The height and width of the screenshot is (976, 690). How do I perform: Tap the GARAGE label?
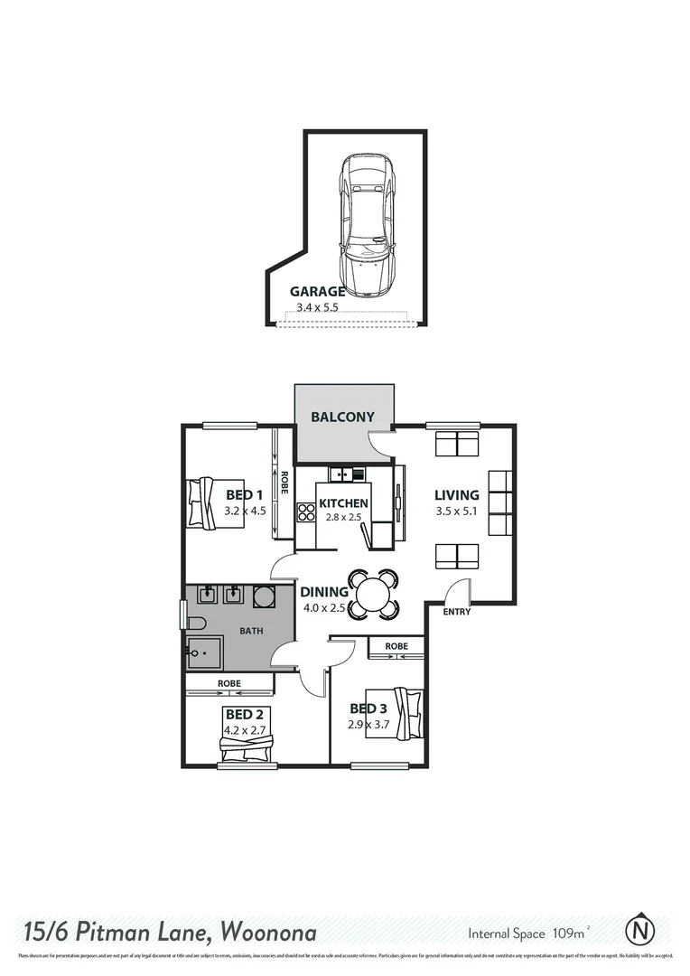coord(317,292)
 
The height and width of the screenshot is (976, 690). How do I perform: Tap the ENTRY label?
coord(456,612)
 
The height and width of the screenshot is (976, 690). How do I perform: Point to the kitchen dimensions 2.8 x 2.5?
coord(343,518)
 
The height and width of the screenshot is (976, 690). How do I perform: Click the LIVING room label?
coord(456,495)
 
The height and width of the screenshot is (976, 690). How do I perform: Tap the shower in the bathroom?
coord(204,652)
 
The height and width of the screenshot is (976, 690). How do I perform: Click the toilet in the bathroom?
coord(194,622)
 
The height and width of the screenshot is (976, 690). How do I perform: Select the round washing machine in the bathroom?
coord(264,596)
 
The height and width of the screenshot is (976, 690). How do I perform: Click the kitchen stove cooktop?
coord(305,513)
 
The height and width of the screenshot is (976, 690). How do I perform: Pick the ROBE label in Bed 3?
coord(396,647)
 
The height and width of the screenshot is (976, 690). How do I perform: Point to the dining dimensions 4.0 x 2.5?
coord(325,608)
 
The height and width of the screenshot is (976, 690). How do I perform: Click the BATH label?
coord(251,631)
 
